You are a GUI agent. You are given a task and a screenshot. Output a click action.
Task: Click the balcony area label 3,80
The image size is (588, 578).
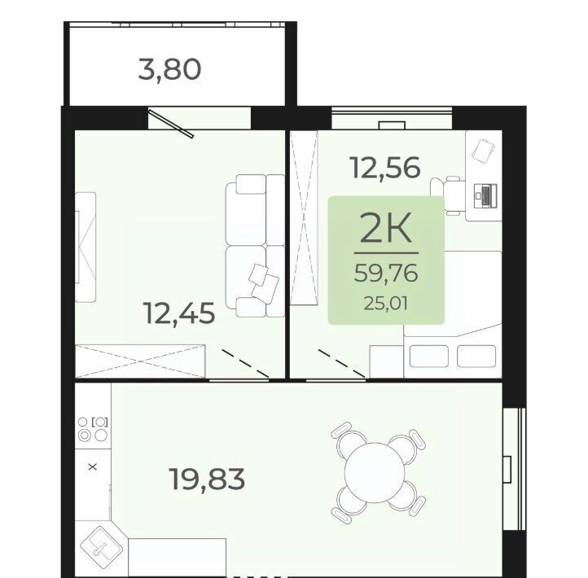(170, 70)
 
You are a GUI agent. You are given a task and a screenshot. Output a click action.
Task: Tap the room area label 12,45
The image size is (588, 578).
(180, 313)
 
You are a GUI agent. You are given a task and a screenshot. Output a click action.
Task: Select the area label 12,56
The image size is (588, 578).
(385, 168)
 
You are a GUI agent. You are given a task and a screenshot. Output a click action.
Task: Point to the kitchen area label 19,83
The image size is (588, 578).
(208, 479)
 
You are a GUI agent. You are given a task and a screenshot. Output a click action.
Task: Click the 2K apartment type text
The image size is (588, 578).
(386, 227)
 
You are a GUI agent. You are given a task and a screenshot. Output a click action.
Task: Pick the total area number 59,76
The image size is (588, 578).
(386, 273)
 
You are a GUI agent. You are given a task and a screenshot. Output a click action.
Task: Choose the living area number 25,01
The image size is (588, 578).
(386, 303)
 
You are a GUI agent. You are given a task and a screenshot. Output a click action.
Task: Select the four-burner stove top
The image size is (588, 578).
(93, 429)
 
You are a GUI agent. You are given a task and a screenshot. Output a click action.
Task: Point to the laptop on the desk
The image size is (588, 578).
(485, 195)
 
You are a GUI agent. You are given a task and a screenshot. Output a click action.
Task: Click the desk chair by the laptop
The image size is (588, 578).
(448, 195)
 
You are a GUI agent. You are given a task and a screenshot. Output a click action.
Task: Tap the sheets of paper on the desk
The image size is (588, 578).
(483, 151)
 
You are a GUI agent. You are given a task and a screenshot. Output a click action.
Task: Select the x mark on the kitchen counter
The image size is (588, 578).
(93, 466)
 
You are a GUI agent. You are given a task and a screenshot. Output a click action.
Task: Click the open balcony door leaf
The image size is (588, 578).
(171, 123)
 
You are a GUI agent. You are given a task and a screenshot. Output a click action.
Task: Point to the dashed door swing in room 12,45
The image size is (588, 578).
(245, 363)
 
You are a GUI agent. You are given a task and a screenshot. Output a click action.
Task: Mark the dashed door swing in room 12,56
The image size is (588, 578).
(341, 363)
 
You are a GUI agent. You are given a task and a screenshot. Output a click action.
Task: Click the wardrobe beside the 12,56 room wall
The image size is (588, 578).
(304, 217)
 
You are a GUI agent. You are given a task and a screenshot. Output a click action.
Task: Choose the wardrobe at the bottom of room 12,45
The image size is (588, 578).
(140, 361)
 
